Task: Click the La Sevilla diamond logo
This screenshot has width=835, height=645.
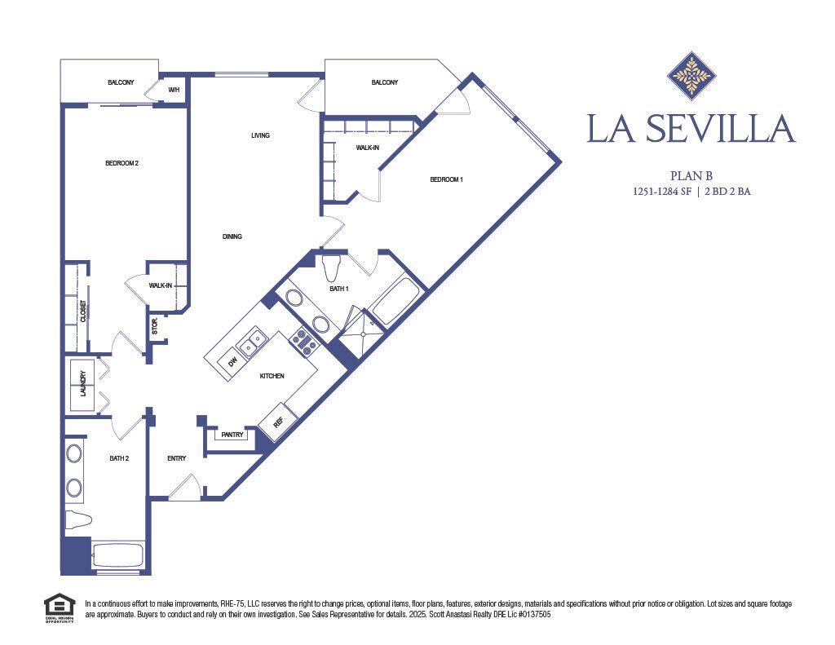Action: (x=691, y=76)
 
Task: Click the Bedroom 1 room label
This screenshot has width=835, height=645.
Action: (x=446, y=179)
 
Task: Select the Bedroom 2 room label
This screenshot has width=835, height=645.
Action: (x=121, y=163)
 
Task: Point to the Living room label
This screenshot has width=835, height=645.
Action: (x=260, y=135)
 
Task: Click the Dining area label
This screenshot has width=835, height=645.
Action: (x=232, y=236)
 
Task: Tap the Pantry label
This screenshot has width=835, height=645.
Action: (x=232, y=435)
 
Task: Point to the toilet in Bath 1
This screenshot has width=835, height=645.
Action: (x=331, y=267)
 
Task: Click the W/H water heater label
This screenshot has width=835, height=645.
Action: (x=174, y=90)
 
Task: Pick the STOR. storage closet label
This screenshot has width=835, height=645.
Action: (x=155, y=326)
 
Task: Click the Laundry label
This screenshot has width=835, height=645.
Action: (x=83, y=386)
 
